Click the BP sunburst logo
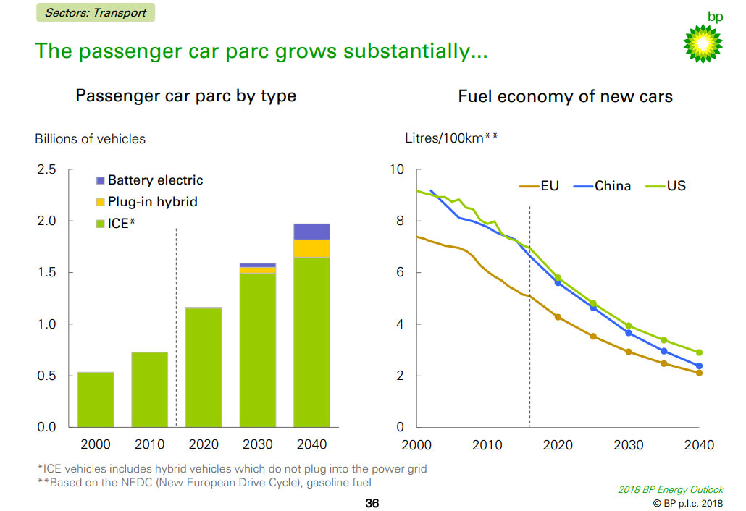[703, 43]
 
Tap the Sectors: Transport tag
[95, 12]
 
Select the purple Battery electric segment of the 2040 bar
[311, 232]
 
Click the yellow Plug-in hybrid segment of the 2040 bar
[311, 248]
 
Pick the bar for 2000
[96, 400]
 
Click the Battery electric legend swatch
[101, 180]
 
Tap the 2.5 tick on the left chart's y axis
[46, 169]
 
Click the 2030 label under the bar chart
[258, 444]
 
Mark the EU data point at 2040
[700, 373]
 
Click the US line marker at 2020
[558, 278]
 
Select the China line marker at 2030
[629, 333]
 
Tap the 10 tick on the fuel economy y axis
[396, 169]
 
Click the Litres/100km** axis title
[450, 138]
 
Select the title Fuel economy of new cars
[565, 96]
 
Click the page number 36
[372, 503]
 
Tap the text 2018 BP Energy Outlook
[670, 490]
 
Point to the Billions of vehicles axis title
[90, 138]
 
